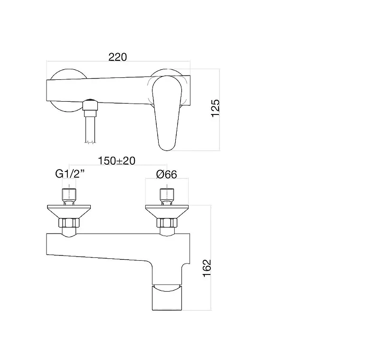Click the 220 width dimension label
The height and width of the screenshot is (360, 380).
[x=117, y=57]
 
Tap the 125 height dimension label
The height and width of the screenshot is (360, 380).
[x=215, y=108]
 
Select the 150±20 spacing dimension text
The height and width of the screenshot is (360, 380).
[x=116, y=161]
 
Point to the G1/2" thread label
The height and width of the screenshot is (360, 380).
[x=70, y=174]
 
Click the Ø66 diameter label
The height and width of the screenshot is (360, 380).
[x=167, y=174]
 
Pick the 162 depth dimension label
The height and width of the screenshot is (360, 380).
[x=207, y=268]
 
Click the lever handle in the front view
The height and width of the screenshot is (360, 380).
[x=167, y=113]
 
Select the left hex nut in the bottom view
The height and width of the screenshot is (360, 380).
[x=69, y=223]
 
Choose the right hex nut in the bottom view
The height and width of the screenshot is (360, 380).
[x=167, y=223]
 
